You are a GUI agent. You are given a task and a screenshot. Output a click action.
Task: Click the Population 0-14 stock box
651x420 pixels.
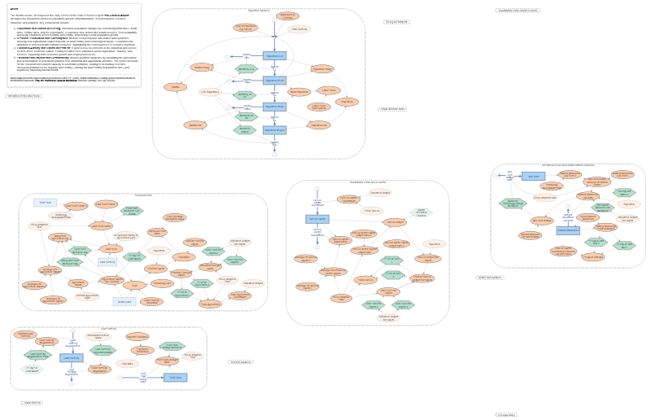pyautogui.click(x=275, y=55)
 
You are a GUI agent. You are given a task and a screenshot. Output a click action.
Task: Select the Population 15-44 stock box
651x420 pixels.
pyautogui.click(x=275, y=81)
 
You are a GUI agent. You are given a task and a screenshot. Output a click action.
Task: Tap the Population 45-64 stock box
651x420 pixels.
pyautogui.click(x=275, y=106)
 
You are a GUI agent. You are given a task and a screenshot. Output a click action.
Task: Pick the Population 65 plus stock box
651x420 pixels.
pyautogui.click(x=275, y=129)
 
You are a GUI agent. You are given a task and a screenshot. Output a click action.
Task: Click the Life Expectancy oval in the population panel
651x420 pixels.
pyautogui.click(x=210, y=92)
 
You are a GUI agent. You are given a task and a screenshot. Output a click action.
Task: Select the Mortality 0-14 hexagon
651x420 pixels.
pyautogui.click(x=245, y=68)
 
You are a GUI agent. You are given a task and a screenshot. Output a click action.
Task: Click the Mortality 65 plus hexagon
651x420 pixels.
pyautogui.click(x=244, y=129)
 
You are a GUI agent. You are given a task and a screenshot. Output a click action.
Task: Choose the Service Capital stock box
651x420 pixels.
pyautogui.click(x=317, y=219)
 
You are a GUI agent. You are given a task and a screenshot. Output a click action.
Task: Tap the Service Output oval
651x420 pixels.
pyautogui.click(x=395, y=221)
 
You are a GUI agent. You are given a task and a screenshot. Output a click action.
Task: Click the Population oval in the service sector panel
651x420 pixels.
pyautogui.click(x=435, y=243)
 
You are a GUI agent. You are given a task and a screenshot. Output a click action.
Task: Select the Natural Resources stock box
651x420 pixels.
pyautogui.click(x=533, y=176)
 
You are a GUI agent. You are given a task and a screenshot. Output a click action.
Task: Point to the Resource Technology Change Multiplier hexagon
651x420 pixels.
pyautogui.click(x=513, y=203)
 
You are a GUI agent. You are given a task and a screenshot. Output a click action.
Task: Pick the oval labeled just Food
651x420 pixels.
pyautogui.click(x=135, y=285)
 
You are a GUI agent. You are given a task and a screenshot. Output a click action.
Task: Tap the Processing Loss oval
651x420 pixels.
pyautogui.click(x=163, y=283)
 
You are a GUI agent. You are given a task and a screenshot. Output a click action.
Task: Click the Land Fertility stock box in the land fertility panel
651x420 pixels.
pyautogui.click(x=72, y=357)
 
